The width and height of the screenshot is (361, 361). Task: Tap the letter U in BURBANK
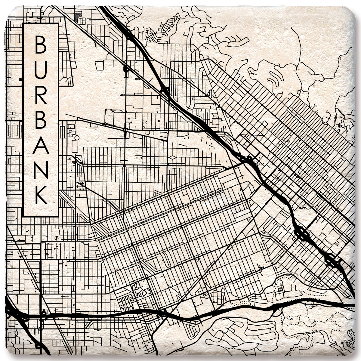[41, 70]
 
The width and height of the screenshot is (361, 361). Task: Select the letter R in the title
[41, 96]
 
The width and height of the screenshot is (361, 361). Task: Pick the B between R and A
[41, 122]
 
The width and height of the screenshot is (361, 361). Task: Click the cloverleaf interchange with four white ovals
[302, 233]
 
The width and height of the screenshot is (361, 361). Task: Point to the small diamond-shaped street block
[172, 157]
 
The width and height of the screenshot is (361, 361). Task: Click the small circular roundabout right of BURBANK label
[76, 137]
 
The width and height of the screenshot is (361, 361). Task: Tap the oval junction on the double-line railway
[125, 69]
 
